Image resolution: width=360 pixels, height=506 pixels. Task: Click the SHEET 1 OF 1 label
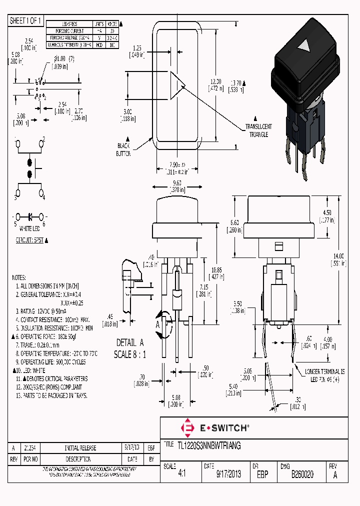coord(26,20)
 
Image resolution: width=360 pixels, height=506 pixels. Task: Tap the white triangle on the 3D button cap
coord(303,47)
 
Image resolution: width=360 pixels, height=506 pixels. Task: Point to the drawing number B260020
coord(302,474)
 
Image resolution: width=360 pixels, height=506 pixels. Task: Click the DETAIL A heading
coord(130,342)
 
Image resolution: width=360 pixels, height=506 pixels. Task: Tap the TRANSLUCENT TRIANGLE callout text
coord(258,130)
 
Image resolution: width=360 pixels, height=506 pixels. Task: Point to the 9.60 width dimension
coord(176,183)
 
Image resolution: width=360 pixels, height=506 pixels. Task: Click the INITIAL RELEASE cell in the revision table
coord(80,448)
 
